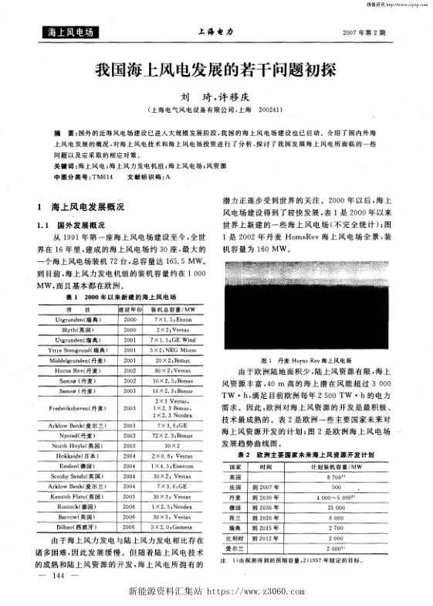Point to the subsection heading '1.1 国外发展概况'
(74, 224)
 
